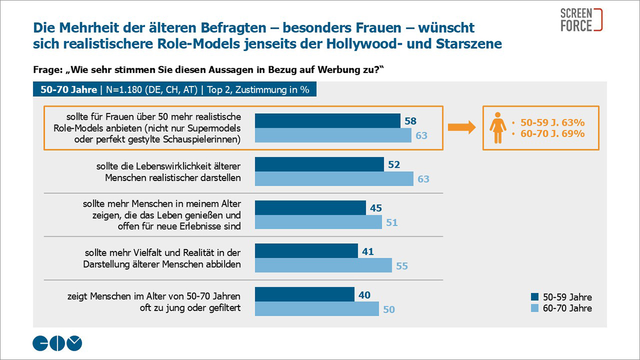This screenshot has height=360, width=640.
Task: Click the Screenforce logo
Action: [x=581, y=20]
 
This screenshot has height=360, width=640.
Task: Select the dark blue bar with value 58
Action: [x=328, y=121]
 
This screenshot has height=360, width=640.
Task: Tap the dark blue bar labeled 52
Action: [x=319, y=165]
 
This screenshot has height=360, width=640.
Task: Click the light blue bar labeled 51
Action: [x=318, y=222]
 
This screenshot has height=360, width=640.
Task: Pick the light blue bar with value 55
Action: [x=324, y=265]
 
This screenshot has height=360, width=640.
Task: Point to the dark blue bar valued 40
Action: [x=305, y=295]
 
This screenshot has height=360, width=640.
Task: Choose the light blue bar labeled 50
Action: [x=317, y=309]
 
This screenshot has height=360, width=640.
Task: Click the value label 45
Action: [x=376, y=208]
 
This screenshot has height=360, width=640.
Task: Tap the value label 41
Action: [x=367, y=251]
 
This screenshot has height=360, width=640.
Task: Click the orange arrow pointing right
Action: [x=461, y=128]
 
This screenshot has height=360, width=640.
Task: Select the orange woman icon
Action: [x=497, y=128]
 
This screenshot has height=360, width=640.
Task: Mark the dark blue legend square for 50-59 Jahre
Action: [x=535, y=297]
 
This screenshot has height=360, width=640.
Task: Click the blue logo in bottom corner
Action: [x=57, y=343]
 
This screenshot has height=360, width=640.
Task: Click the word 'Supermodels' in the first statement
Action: [x=217, y=127]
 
